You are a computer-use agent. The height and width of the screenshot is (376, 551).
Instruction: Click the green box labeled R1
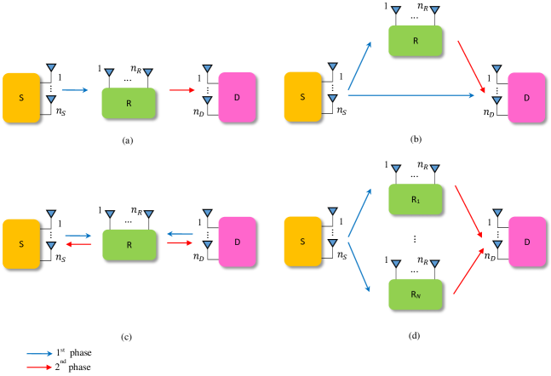click(x=415, y=199)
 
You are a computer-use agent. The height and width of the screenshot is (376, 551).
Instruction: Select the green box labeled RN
click(x=415, y=294)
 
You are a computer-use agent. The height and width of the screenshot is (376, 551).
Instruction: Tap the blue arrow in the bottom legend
click(x=39, y=353)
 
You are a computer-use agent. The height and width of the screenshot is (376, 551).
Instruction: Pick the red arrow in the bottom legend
click(x=39, y=367)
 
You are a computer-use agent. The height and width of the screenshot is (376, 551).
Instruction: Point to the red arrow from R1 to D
click(x=468, y=211)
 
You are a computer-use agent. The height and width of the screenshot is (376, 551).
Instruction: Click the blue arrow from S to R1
click(x=359, y=213)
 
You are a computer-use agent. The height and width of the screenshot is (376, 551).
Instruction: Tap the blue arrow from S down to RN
click(x=359, y=267)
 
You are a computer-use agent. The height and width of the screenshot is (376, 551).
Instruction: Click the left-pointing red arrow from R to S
click(x=78, y=244)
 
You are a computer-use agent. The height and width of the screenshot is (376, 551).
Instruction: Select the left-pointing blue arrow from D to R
click(x=180, y=234)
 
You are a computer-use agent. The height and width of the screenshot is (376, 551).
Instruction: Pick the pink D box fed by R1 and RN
click(x=526, y=242)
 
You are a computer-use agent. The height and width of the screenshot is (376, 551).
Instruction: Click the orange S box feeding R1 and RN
click(x=302, y=242)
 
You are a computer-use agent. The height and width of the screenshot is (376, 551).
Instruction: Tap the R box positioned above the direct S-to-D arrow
click(x=415, y=41)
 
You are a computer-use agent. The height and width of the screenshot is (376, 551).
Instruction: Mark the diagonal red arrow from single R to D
click(x=471, y=66)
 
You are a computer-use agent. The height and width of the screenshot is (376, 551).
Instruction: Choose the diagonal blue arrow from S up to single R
click(x=359, y=65)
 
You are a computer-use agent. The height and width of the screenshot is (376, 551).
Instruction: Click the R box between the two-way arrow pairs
click(x=129, y=245)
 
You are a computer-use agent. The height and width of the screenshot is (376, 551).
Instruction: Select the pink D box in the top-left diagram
click(x=237, y=97)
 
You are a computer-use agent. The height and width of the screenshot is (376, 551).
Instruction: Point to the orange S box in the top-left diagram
click(x=21, y=98)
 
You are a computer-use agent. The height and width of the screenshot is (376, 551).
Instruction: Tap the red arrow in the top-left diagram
click(x=182, y=90)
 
